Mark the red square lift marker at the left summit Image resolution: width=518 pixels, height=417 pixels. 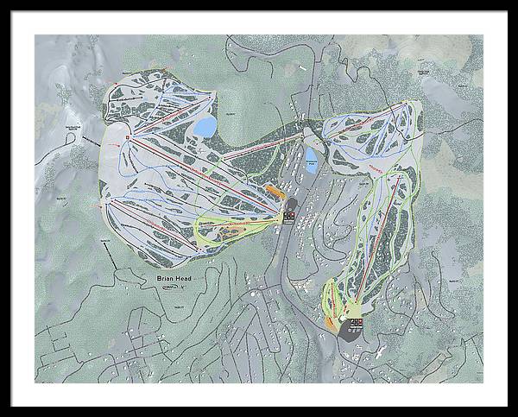(x=128, y=137)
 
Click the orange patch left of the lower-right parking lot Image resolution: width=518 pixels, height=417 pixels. (x=332, y=322)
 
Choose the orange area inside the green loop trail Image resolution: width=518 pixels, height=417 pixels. (x=231, y=231)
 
